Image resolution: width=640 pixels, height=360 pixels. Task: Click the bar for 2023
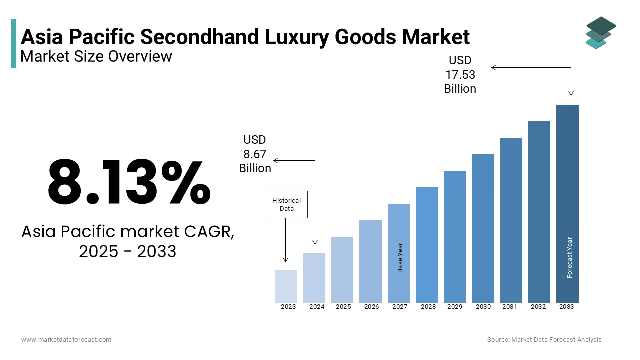click(286, 286)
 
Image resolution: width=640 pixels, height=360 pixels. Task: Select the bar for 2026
click(370, 261)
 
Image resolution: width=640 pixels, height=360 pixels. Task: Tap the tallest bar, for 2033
click(567, 203)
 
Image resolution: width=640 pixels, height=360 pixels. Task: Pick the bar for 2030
click(483, 228)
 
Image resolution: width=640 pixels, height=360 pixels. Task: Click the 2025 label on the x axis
click(343, 307)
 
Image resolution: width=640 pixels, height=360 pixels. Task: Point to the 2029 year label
click(455, 307)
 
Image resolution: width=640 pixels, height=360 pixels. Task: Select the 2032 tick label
click(538, 307)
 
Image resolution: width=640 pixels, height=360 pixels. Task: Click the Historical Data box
click(286, 204)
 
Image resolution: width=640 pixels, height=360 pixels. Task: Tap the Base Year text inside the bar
click(400, 258)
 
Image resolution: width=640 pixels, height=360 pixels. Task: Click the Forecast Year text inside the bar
click(569, 257)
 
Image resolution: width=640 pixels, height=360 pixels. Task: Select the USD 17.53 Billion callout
click(460, 75)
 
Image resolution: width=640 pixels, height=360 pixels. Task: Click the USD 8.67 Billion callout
click(255, 154)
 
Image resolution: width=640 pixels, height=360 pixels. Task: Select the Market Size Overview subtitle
click(96, 57)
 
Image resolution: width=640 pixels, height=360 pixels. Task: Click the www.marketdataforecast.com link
click(66, 340)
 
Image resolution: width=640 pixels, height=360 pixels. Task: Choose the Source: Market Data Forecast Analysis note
click(544, 340)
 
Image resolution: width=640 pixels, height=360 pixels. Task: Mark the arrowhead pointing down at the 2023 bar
click(286, 259)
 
